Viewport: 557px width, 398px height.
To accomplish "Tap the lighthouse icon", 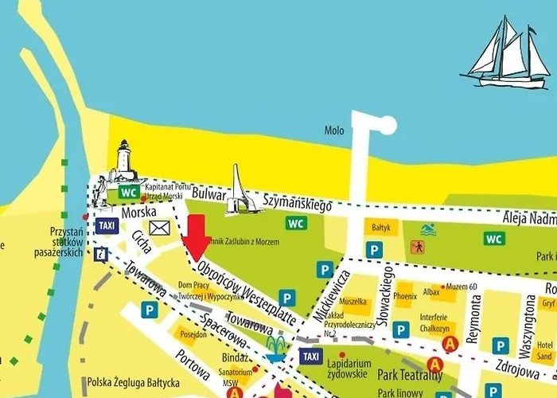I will [124, 161].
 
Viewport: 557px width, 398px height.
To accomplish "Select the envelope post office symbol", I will [160, 228].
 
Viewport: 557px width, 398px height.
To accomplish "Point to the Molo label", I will [334, 130].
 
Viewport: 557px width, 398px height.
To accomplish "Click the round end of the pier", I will [387, 125].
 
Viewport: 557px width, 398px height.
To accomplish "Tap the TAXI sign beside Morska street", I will [106, 226].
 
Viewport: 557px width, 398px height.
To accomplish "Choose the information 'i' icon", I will [101, 254].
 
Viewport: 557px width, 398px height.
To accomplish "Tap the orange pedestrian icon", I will [418, 248].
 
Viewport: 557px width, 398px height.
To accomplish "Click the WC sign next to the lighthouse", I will [128, 192].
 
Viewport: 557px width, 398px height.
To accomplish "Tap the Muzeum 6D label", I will [461, 286].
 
